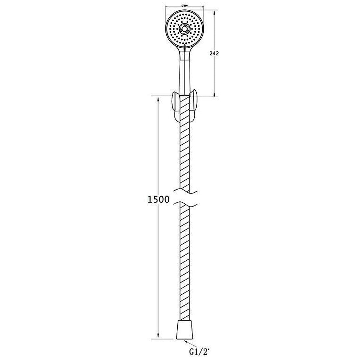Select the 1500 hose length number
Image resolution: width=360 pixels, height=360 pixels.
pyautogui.click(x=158, y=199)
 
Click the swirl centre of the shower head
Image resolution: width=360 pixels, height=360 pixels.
pyautogui.click(x=184, y=29)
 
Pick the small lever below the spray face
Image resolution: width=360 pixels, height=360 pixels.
pyautogui.click(x=184, y=48)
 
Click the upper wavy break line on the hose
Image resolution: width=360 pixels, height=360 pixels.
pyautogui.click(x=184, y=190)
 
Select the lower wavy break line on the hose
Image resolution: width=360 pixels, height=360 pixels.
pyautogui.click(x=184, y=204)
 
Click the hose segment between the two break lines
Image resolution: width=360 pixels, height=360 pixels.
pyautogui.click(x=184, y=197)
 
